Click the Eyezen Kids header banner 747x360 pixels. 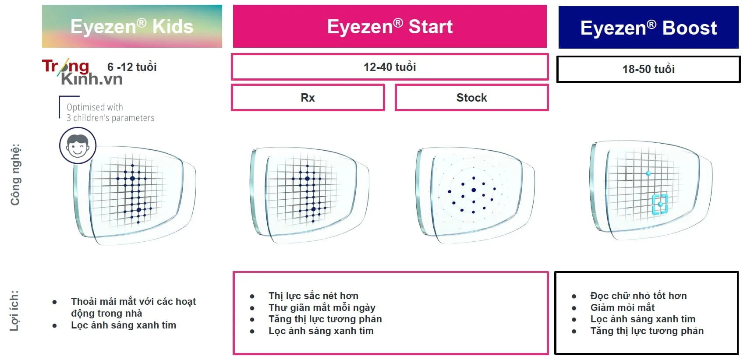(x=132, y=26)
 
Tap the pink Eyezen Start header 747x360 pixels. (x=390, y=26)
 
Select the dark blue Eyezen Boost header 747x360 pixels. (x=648, y=27)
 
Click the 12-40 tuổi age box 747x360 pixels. (x=390, y=67)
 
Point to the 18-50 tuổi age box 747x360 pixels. (x=648, y=69)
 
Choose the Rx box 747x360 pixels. (x=308, y=98)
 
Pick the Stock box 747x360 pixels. (x=471, y=98)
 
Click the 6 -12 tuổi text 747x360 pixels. (x=132, y=67)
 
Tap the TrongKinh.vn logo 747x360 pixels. (x=82, y=72)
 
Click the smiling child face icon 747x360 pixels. (x=78, y=146)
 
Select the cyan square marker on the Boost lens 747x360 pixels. (x=660, y=204)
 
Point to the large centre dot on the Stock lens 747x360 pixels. (x=474, y=190)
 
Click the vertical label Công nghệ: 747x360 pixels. (x=15, y=174)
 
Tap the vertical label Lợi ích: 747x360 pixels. (x=14, y=311)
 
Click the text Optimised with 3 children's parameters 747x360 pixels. (x=110, y=112)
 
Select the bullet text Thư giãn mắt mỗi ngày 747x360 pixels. (x=322, y=307)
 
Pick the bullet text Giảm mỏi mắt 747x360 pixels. (x=622, y=307)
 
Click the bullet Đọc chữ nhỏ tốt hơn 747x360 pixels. (x=639, y=296)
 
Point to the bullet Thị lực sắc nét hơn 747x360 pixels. (x=313, y=296)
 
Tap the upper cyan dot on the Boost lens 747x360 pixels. (x=648, y=173)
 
